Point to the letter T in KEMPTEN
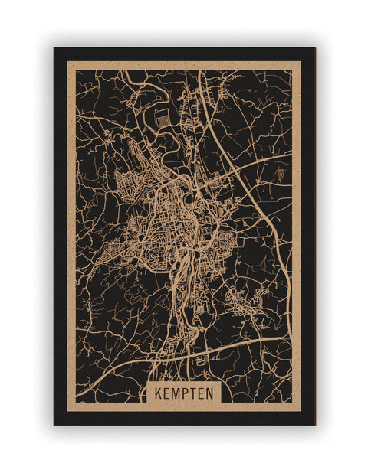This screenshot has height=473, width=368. point(194,393)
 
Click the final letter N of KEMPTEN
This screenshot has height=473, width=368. point(212,393)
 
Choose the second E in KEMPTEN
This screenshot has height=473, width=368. point(203,393)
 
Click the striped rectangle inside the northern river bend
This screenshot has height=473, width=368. point(161,118)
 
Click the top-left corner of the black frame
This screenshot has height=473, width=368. point(54,48)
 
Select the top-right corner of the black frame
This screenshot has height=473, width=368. point(314,48)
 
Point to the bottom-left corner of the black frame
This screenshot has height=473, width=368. point(54,424)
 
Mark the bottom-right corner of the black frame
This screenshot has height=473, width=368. point(314,424)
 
